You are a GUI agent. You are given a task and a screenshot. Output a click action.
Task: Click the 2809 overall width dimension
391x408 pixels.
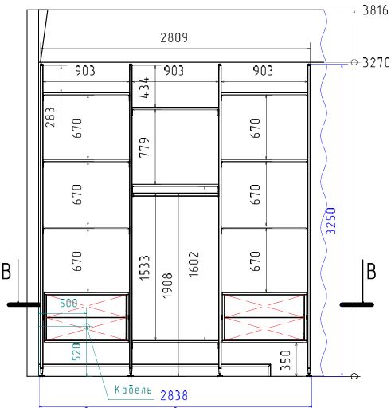[174, 37]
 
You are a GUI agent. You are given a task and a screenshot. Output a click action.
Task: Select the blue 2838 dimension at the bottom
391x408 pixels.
[174, 395]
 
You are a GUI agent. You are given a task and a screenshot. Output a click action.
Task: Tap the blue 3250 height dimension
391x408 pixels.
[330, 221]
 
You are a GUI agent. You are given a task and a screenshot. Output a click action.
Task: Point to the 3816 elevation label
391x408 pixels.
[375, 10]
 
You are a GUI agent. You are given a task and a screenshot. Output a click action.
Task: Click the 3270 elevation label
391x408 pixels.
[376, 63]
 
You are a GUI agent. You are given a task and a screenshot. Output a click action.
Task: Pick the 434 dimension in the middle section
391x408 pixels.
[145, 88]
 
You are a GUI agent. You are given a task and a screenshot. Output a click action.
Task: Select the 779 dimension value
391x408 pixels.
[145, 147]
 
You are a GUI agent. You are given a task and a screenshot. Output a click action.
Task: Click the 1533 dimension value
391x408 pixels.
[145, 268]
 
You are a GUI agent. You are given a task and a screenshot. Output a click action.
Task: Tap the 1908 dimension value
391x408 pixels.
[167, 285]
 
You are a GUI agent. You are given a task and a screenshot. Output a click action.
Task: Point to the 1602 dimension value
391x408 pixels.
[194, 265]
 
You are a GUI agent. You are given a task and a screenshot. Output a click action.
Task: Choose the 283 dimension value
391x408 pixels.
[49, 117]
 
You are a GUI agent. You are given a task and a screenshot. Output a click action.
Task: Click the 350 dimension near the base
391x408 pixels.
[286, 360]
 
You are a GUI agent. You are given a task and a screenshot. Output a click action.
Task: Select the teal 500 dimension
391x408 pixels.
[68, 303]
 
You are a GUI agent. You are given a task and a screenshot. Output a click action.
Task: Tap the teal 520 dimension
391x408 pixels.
[76, 351]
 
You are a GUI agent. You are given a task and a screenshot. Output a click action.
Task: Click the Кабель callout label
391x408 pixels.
[133, 390]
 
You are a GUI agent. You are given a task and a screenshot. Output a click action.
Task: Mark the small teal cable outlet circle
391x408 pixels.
[87, 327]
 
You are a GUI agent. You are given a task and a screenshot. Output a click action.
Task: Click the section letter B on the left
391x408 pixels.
[6, 271]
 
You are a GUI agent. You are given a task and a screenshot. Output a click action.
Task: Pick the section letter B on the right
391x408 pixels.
[371, 271]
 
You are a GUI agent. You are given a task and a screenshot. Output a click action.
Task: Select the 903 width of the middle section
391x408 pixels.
[174, 71]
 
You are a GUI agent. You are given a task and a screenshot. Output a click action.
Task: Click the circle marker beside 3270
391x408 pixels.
[354, 62]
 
